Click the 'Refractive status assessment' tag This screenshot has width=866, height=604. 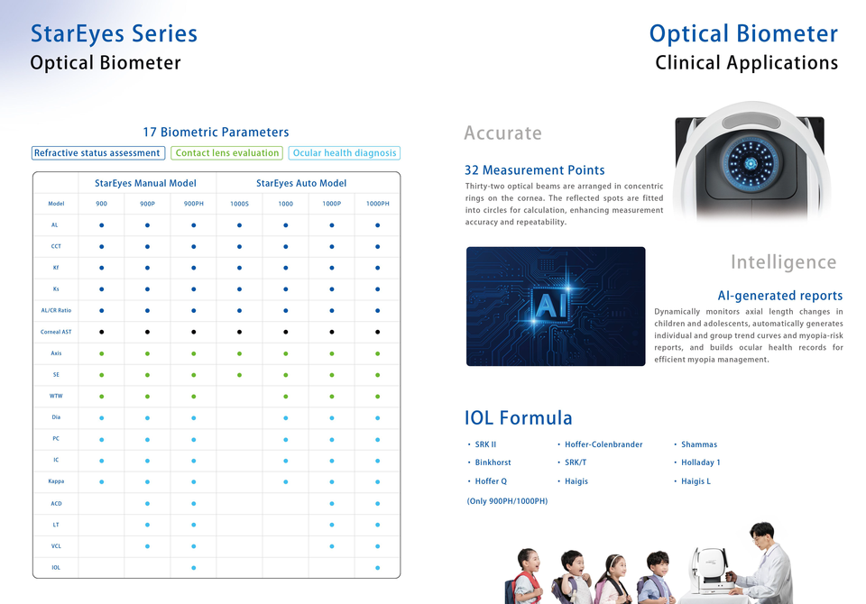click(98, 153)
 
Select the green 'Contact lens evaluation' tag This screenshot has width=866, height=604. click(227, 153)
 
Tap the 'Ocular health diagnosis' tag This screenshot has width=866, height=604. click(344, 153)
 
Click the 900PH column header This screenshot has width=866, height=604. click(193, 204)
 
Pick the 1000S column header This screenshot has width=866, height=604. click(239, 204)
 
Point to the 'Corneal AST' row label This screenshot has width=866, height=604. click(56, 332)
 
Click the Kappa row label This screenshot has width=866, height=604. click(56, 481)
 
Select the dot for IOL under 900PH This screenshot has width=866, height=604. click(193, 568)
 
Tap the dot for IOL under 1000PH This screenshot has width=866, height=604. click(378, 568)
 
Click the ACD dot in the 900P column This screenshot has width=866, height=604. click(147, 504)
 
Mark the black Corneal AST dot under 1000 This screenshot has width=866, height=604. click(286, 332)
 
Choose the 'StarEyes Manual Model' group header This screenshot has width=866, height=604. click(145, 183)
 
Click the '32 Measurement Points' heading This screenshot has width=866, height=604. click(535, 170)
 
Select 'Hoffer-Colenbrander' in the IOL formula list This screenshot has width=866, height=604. click(603, 444)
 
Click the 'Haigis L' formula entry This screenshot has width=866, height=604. click(696, 481)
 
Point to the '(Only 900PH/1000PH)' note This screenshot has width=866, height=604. click(508, 501)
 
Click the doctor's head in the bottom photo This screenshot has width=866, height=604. click(762, 535)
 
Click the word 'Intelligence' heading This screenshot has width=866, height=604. click(784, 261)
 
